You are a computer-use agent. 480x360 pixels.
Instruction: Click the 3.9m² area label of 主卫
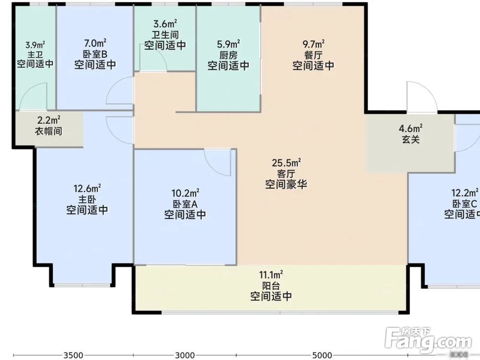[35, 46]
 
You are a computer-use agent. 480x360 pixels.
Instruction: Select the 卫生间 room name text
[165, 35]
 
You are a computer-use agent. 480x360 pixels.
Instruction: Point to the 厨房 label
[228, 55]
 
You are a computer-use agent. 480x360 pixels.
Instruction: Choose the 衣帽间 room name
[48, 131]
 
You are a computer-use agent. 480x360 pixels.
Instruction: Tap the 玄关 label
[411, 139]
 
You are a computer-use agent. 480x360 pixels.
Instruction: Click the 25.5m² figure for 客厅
[286, 163]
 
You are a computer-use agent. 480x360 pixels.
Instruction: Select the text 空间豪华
[286, 184]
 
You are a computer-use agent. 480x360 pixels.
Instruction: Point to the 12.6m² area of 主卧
[87, 188]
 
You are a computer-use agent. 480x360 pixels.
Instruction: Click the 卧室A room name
[185, 204]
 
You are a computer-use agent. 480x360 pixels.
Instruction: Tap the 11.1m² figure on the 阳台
[271, 275]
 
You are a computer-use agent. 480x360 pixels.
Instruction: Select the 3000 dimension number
[184, 355]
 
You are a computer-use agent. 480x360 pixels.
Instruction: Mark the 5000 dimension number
[322, 355]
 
